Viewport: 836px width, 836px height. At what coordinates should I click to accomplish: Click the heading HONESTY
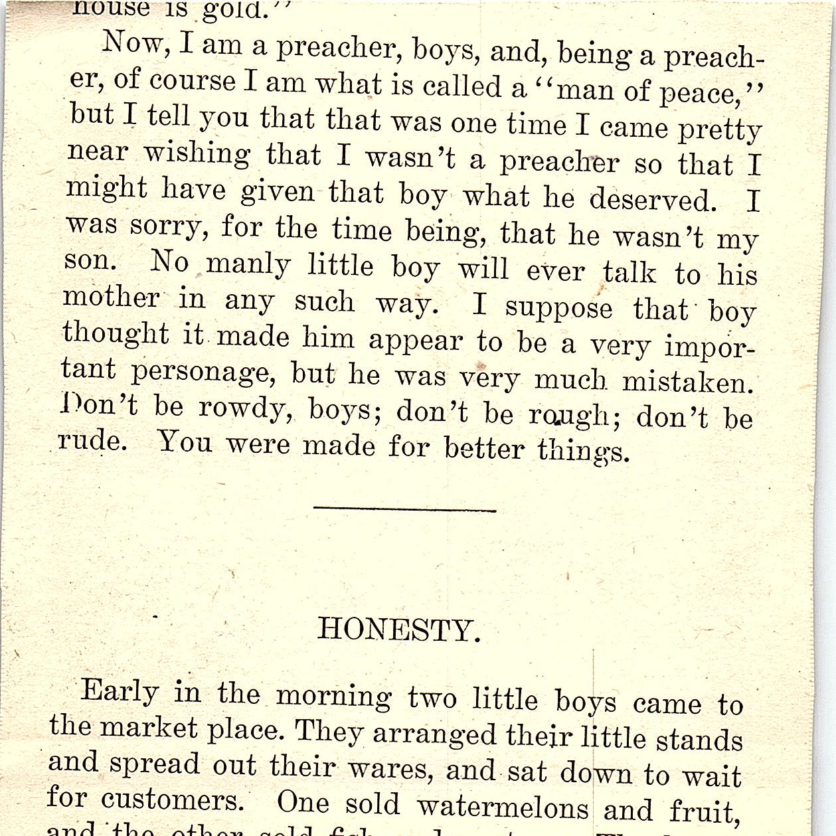tap(398, 629)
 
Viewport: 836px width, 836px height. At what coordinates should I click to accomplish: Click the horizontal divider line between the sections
tap(404, 509)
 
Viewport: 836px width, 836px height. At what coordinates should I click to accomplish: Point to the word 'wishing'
tap(197, 154)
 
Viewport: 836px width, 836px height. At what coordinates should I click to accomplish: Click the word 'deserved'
tap(653, 199)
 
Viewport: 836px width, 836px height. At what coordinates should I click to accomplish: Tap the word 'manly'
tap(248, 265)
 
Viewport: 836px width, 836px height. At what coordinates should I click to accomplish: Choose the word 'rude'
tap(92, 440)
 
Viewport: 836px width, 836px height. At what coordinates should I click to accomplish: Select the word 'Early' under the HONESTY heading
tap(120, 691)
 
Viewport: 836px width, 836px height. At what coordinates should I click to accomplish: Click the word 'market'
tap(149, 728)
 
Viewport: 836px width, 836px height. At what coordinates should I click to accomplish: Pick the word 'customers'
tap(172, 800)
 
